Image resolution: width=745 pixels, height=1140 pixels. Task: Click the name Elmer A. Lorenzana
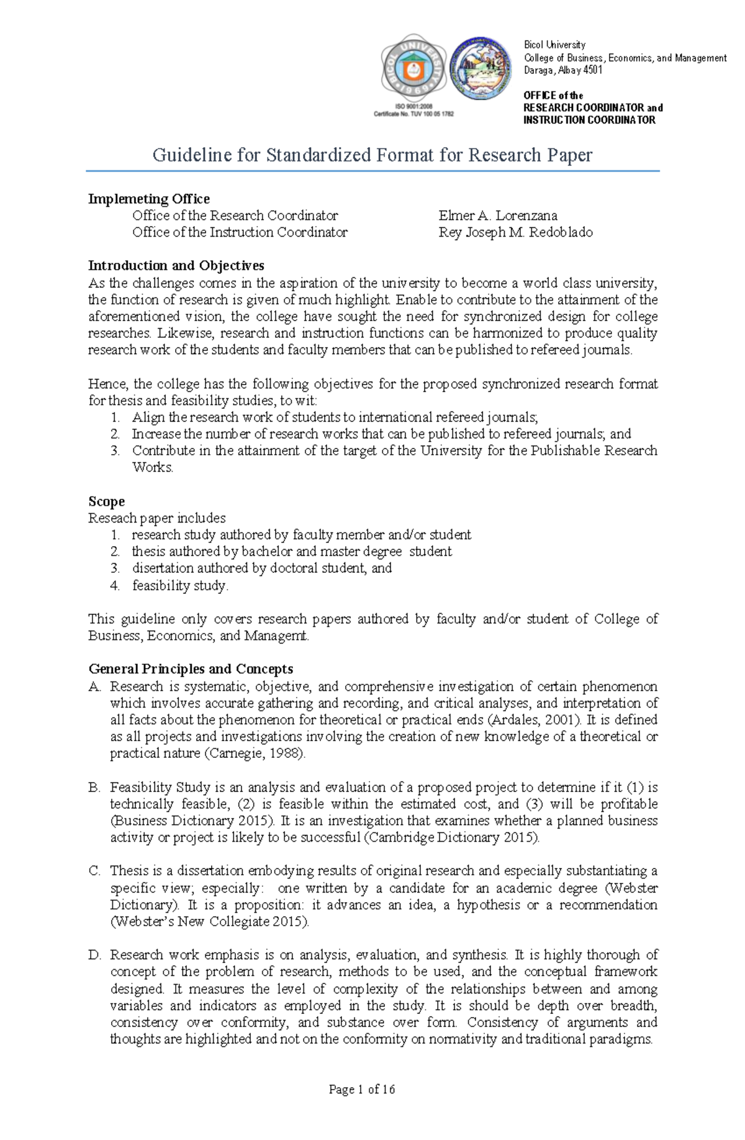tap(497, 216)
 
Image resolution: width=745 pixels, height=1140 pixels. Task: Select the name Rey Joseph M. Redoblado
tap(515, 232)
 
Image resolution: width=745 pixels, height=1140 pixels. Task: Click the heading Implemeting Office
tap(148, 199)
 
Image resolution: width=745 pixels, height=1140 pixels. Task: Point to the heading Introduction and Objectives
tap(176, 266)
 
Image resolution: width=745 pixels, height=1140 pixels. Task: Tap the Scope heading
tap(106, 501)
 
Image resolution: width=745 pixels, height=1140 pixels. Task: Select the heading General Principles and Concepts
tap(191, 669)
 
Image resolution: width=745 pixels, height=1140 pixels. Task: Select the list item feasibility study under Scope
tap(180, 585)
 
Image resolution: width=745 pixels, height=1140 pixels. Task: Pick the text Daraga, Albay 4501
tap(562, 70)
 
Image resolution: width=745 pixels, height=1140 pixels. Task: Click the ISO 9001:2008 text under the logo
tap(413, 107)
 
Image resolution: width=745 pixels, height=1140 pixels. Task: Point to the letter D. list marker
tap(94, 955)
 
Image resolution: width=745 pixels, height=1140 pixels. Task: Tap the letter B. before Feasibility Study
tap(94, 788)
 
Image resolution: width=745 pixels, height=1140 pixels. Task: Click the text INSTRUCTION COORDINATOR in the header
tap(589, 120)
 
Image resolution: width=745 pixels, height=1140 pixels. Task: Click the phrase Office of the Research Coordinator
tap(235, 216)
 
